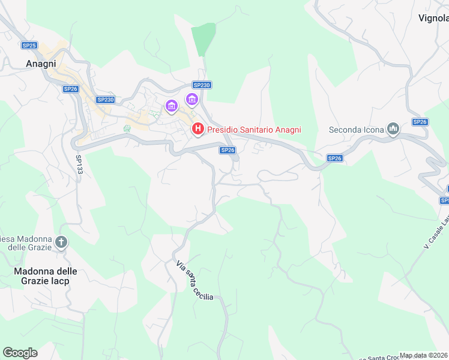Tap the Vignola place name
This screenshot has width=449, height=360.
(x=432, y=17)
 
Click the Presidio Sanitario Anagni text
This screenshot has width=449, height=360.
(x=254, y=130)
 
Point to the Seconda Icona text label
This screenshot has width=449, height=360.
(x=357, y=129)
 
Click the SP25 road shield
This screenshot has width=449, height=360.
(x=29, y=46)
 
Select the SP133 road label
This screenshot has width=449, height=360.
(x=79, y=166)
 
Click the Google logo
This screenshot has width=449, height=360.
(x=20, y=353)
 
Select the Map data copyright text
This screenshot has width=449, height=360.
(x=424, y=355)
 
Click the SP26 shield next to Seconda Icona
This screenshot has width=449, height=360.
(x=420, y=122)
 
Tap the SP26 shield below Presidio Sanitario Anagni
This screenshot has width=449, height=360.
(x=227, y=150)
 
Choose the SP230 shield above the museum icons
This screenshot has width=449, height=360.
(x=202, y=85)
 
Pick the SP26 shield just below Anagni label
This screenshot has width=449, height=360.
(x=71, y=89)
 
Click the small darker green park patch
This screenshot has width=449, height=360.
(x=203, y=39)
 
